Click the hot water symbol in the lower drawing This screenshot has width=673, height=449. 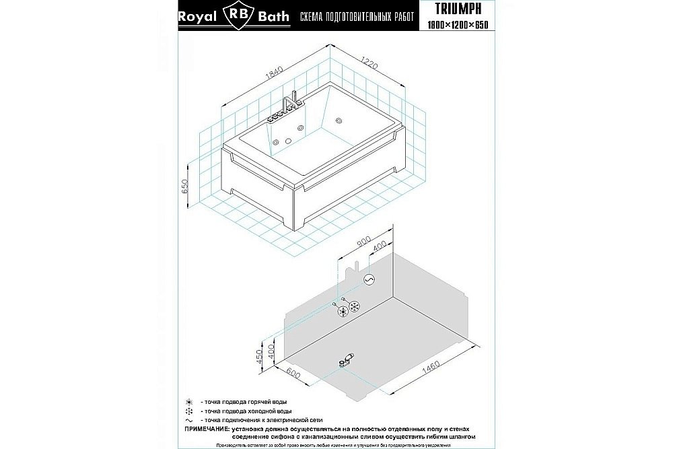[343, 311]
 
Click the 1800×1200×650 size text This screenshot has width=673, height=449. [457, 24]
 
